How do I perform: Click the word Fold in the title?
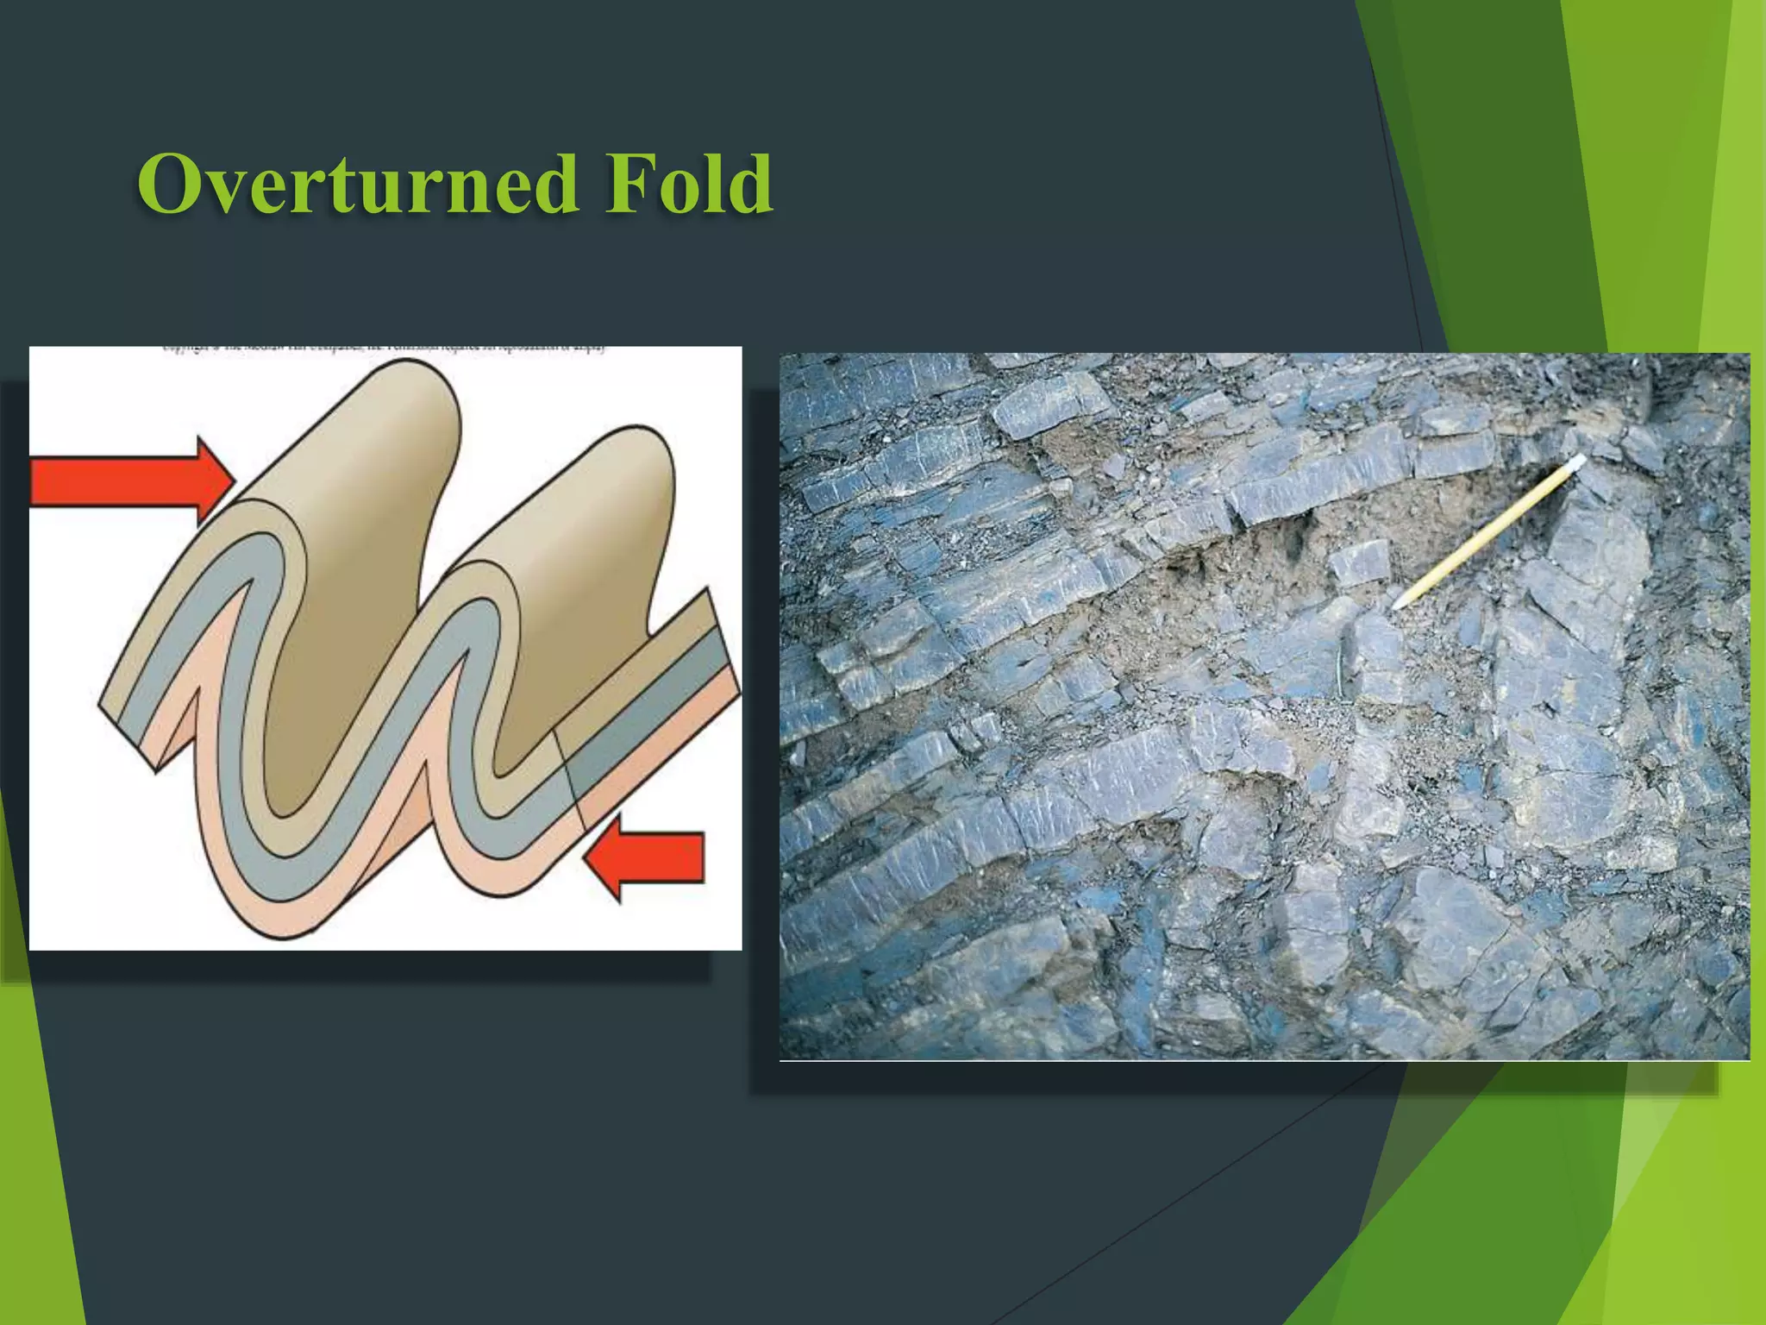[686, 184]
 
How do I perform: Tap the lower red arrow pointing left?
[647, 857]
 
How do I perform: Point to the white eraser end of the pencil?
[1576, 463]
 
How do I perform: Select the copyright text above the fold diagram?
[384, 350]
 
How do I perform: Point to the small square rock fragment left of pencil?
[1360, 562]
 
